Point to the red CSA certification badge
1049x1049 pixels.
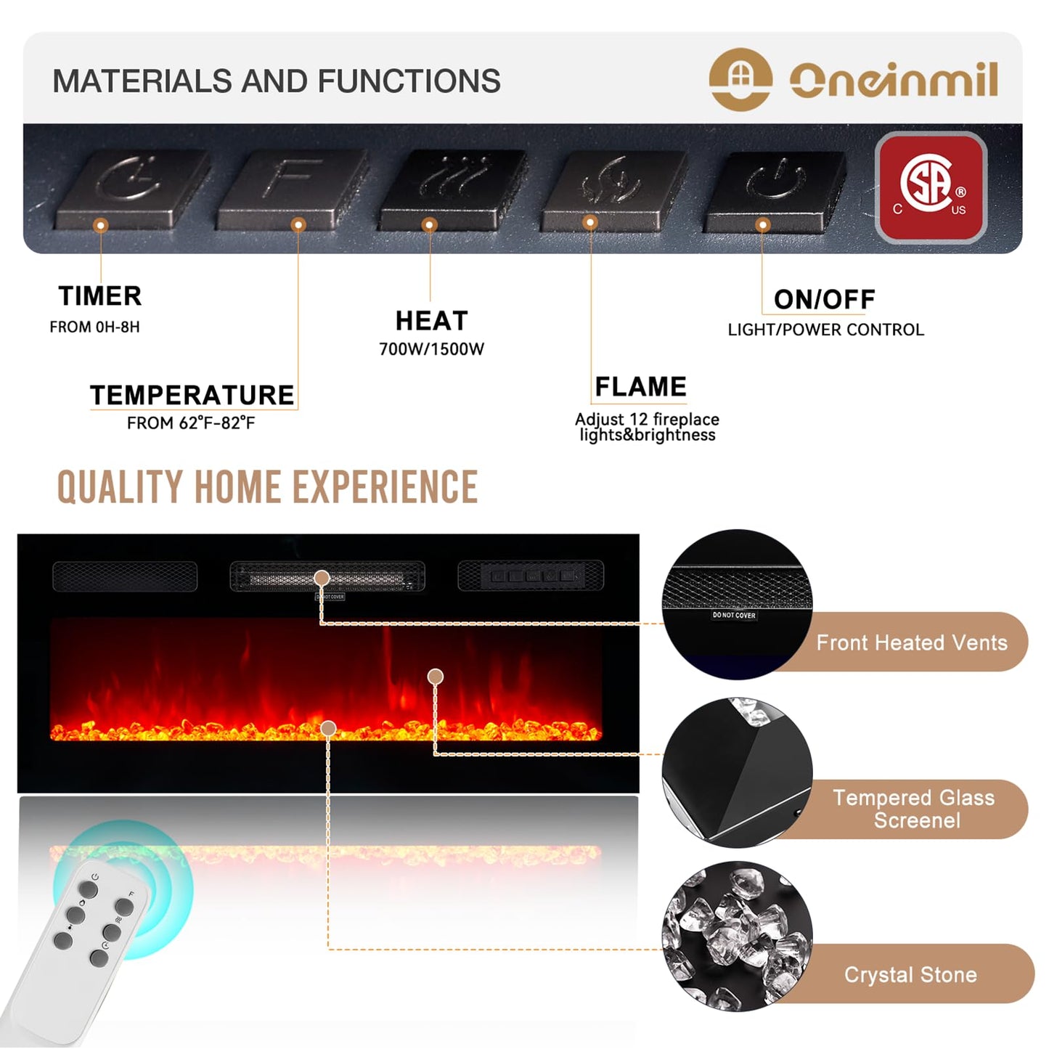[x=931, y=187]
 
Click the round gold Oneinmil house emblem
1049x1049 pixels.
[x=740, y=79]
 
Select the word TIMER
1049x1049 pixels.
[x=100, y=296]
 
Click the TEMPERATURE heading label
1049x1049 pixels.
[x=192, y=395]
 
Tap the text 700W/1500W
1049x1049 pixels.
[x=431, y=349]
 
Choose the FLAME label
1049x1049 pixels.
[x=640, y=386]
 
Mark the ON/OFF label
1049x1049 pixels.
[x=824, y=299]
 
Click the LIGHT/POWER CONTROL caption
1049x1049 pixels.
[x=825, y=330]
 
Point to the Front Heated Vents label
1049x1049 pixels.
[x=911, y=642]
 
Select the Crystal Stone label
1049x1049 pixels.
[x=910, y=974]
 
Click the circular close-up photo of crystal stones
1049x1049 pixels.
[x=736, y=936]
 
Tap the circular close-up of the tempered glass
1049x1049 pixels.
[x=736, y=772]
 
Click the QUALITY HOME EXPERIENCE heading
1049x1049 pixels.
[x=267, y=486]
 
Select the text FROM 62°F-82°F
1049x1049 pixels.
[x=191, y=423]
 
